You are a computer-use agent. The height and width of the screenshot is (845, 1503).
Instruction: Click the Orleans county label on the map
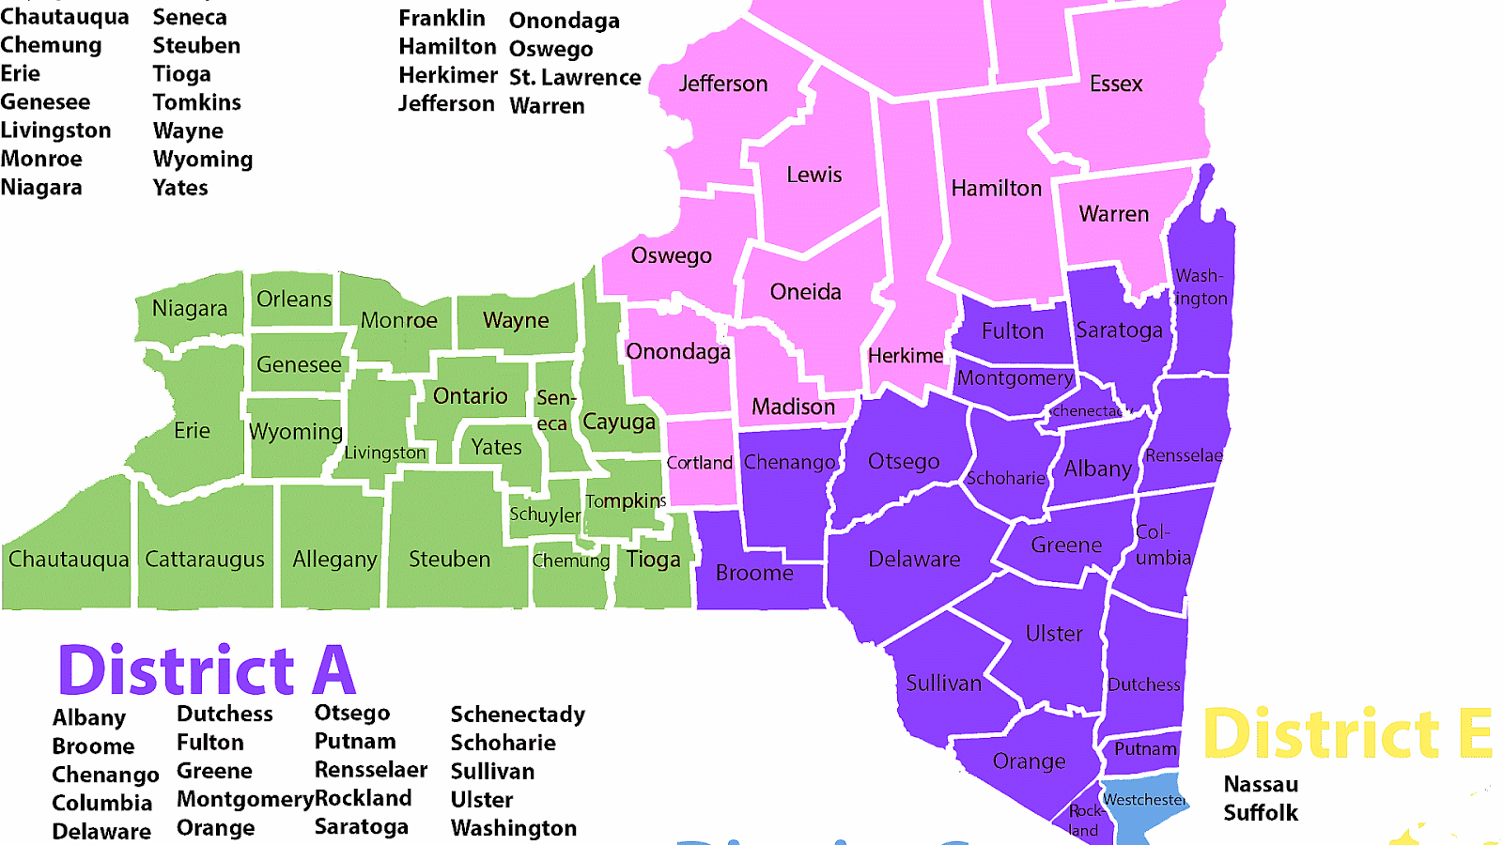click(x=294, y=300)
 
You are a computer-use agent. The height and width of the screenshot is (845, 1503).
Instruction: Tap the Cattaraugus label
click(x=205, y=560)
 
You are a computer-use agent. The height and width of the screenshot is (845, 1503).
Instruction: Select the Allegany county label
click(x=334, y=560)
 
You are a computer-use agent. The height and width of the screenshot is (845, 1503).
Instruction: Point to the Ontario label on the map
click(x=470, y=396)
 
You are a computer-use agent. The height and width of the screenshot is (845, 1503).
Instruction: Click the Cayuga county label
click(x=618, y=422)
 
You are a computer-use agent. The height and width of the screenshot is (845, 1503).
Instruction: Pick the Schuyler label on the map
click(x=545, y=515)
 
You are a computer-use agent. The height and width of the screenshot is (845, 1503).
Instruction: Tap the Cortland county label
click(x=699, y=463)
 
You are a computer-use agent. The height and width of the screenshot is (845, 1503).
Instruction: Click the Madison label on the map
click(x=793, y=407)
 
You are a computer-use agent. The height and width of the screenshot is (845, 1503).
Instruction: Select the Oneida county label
click(x=805, y=292)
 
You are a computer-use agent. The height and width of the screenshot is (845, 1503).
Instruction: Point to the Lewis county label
click(x=813, y=175)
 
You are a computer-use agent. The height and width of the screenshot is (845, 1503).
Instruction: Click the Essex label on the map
click(x=1116, y=84)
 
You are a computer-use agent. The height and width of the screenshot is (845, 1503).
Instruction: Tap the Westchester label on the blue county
click(x=1144, y=800)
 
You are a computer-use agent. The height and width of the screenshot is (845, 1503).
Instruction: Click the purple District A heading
click(x=207, y=670)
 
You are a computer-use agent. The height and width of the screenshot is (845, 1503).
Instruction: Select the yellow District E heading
click(x=1347, y=733)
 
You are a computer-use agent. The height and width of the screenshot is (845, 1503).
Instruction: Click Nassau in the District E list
click(x=1261, y=784)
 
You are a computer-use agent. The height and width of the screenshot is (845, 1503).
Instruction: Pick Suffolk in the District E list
click(x=1261, y=812)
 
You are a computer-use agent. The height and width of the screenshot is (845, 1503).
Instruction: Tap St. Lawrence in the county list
click(x=575, y=77)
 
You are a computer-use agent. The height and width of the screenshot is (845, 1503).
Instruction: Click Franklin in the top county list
click(x=442, y=18)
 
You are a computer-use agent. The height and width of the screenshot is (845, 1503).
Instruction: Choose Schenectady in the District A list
click(x=518, y=714)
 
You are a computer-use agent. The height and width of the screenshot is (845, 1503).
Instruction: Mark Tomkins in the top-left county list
click(x=196, y=102)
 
